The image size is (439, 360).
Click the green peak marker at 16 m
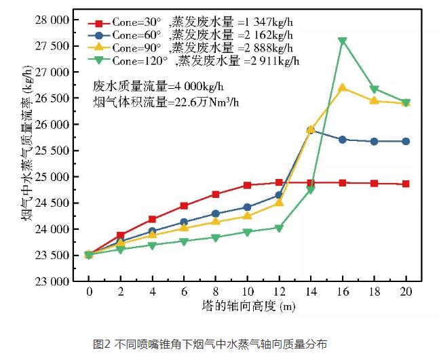[x=343, y=41]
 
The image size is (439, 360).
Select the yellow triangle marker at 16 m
[x=343, y=87]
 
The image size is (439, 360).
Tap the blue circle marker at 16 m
[x=343, y=139]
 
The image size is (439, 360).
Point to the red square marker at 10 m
[x=247, y=185]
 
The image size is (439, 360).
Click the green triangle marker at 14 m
[x=311, y=190]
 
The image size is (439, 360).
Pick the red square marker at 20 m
[x=406, y=184]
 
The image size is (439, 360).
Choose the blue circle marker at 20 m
[x=406, y=141]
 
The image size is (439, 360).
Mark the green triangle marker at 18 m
[x=375, y=89]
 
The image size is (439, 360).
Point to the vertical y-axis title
[x=25, y=151]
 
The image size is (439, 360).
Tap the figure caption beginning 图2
[x=210, y=344]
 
